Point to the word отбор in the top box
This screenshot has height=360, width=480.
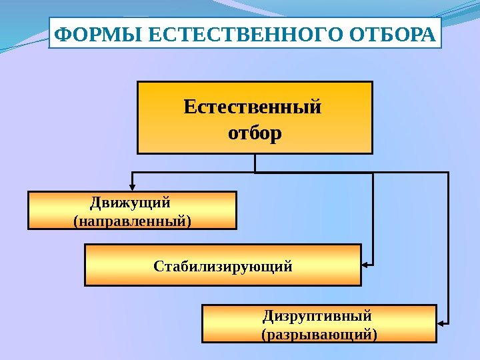(255, 133)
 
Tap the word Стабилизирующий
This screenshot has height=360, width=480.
(223, 266)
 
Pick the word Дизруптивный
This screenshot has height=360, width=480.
(317, 315)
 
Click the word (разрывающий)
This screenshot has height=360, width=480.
(319, 333)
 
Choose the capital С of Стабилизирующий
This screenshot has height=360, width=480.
(158, 266)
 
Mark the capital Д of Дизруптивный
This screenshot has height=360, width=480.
(268, 315)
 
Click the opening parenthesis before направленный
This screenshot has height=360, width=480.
(73, 219)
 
